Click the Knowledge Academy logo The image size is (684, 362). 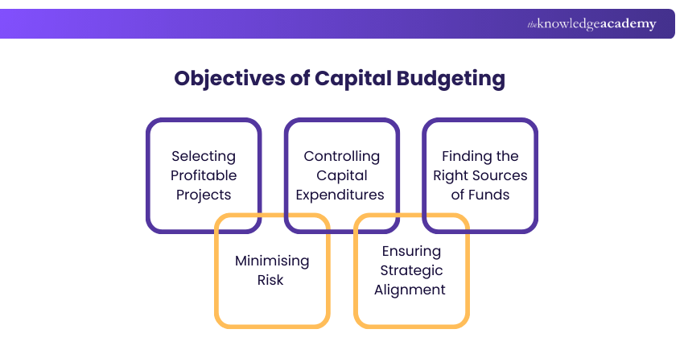pyautogui.click(x=591, y=24)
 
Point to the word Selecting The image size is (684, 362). pyautogui.click(x=204, y=156)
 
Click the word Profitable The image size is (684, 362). pyautogui.click(x=204, y=175)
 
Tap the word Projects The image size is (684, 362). pyautogui.click(x=204, y=195)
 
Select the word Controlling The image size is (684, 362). pyautogui.click(x=341, y=156)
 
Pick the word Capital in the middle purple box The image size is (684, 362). pyautogui.click(x=341, y=175)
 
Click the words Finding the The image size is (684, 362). pyautogui.click(x=480, y=156)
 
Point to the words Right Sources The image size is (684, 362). pyautogui.click(x=480, y=175)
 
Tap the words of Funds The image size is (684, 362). pyautogui.click(x=480, y=195)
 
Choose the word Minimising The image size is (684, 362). pyautogui.click(x=271, y=261)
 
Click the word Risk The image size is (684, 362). pyautogui.click(x=271, y=281)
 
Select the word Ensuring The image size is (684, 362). pyautogui.click(x=410, y=252)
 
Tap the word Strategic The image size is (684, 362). pyautogui.click(x=410, y=271)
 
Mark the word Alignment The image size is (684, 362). pyautogui.click(x=410, y=290)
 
